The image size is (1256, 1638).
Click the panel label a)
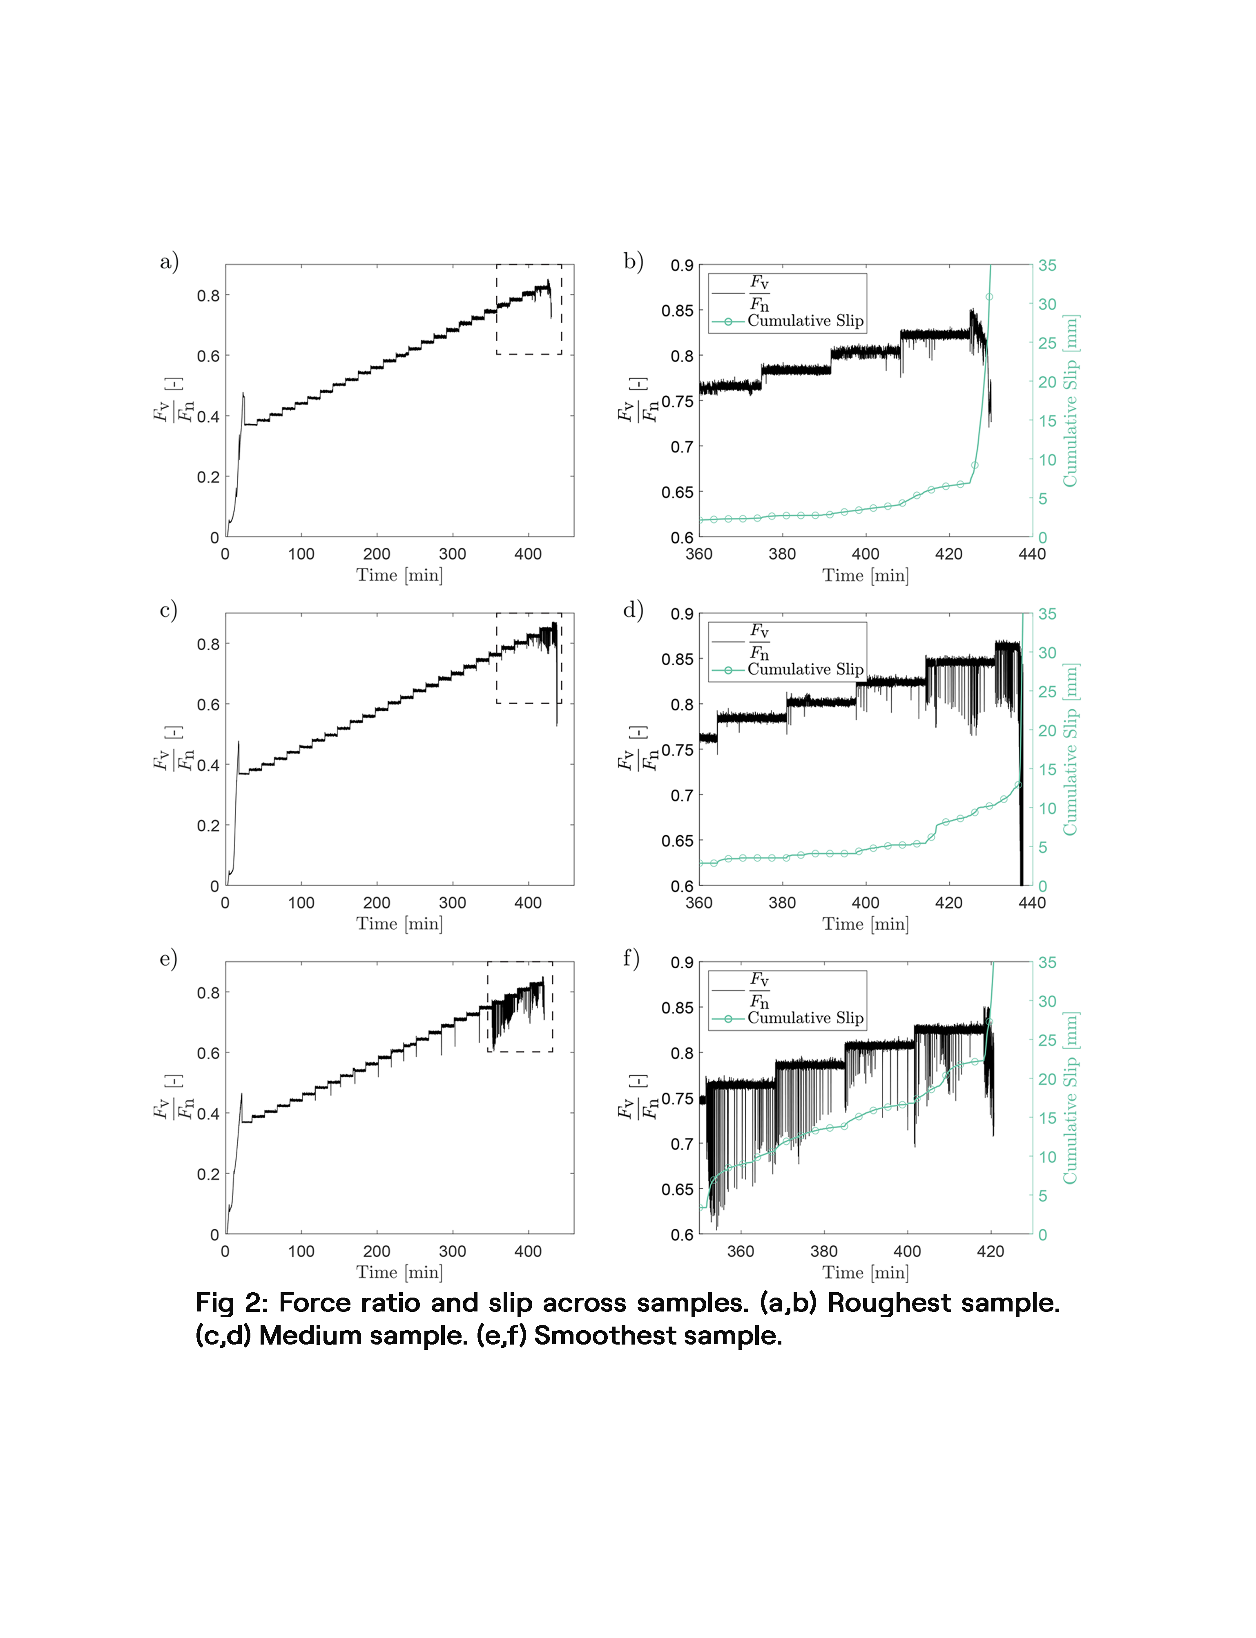169,262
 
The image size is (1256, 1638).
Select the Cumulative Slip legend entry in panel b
805,321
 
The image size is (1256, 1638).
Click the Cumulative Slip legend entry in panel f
805,1018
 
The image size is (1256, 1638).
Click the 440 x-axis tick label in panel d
1032,903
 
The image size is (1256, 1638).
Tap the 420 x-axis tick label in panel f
991,1251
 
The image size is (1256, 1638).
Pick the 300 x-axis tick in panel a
452,554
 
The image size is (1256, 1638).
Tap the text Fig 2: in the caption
230,1303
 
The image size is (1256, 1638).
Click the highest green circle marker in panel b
989,297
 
